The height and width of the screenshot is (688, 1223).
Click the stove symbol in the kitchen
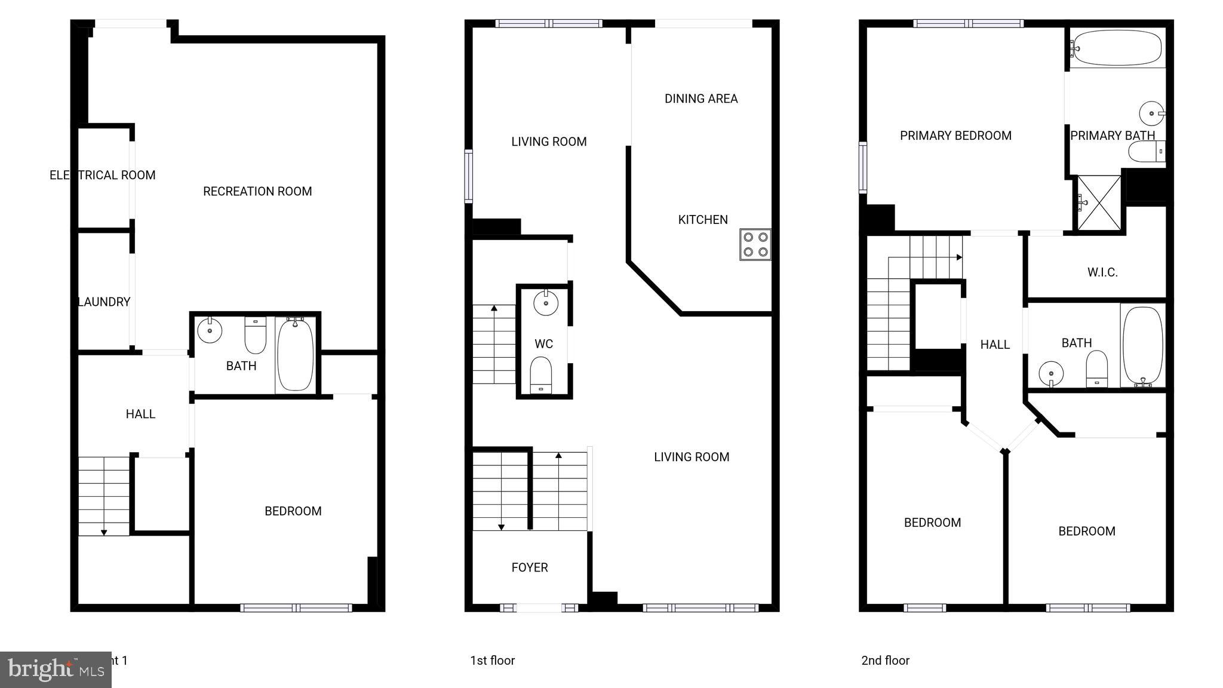[x=755, y=244]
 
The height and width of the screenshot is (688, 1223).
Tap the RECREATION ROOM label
[x=257, y=192]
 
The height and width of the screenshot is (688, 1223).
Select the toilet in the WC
[x=541, y=376]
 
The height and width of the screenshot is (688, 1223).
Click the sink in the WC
[x=545, y=303]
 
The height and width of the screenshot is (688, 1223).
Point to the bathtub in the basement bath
[x=295, y=354]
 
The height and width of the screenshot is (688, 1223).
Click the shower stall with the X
[x=1099, y=202]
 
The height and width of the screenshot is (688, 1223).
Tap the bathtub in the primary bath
[x=1116, y=48]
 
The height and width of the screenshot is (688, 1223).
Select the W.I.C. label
[x=1102, y=272]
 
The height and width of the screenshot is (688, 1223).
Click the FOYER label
[x=530, y=567]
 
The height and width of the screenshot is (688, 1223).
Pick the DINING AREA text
[x=701, y=99]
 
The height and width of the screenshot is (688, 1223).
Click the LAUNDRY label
[x=105, y=302]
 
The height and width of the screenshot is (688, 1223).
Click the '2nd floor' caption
[x=885, y=661]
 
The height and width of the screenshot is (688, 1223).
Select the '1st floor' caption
[x=492, y=661]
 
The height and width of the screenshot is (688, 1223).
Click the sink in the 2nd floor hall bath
[x=1051, y=374]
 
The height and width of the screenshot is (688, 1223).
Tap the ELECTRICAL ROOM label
[x=102, y=175]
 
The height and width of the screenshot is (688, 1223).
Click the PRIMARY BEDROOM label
[x=955, y=136]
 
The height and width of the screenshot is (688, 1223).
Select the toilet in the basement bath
[x=256, y=336]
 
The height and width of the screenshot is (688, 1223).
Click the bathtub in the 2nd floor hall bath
[x=1142, y=345]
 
